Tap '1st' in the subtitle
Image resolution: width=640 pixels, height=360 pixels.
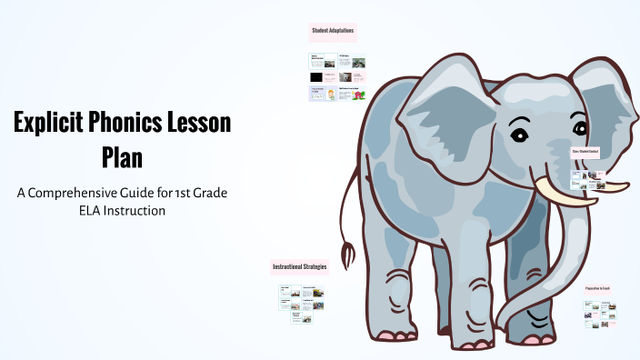(205, 193)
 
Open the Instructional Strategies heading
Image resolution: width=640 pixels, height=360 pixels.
(299, 267)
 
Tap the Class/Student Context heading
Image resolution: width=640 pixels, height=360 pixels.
(585, 152)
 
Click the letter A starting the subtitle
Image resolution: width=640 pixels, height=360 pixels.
(21, 193)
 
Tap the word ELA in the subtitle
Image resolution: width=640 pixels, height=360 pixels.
(92, 210)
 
